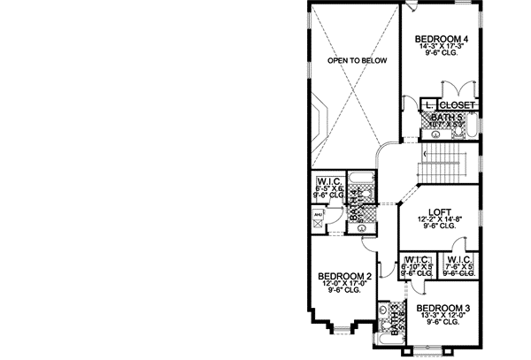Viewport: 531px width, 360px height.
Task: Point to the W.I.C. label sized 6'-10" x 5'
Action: pos(416,260)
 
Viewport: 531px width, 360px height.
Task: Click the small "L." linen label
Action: pos(428,104)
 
